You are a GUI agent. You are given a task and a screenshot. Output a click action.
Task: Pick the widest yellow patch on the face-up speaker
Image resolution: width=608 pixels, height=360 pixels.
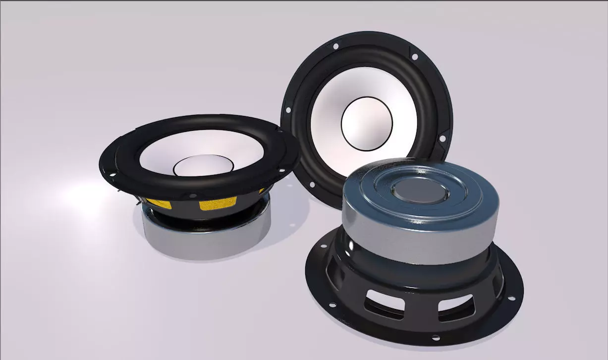pyautogui.click(x=218, y=203)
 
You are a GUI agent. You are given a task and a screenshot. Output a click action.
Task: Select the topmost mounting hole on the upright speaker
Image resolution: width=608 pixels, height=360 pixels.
pyautogui.click(x=336, y=47)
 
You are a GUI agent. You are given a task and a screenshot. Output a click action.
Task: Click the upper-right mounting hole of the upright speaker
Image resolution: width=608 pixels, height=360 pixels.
pyautogui.click(x=414, y=57)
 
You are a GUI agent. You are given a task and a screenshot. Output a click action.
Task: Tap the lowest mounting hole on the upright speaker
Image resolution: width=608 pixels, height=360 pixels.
pyautogui.click(x=312, y=184)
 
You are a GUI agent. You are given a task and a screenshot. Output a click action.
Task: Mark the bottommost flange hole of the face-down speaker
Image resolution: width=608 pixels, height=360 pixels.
pyautogui.click(x=436, y=338)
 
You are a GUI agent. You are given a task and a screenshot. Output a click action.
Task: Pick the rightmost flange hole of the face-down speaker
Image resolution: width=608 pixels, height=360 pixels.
pyautogui.click(x=511, y=299)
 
